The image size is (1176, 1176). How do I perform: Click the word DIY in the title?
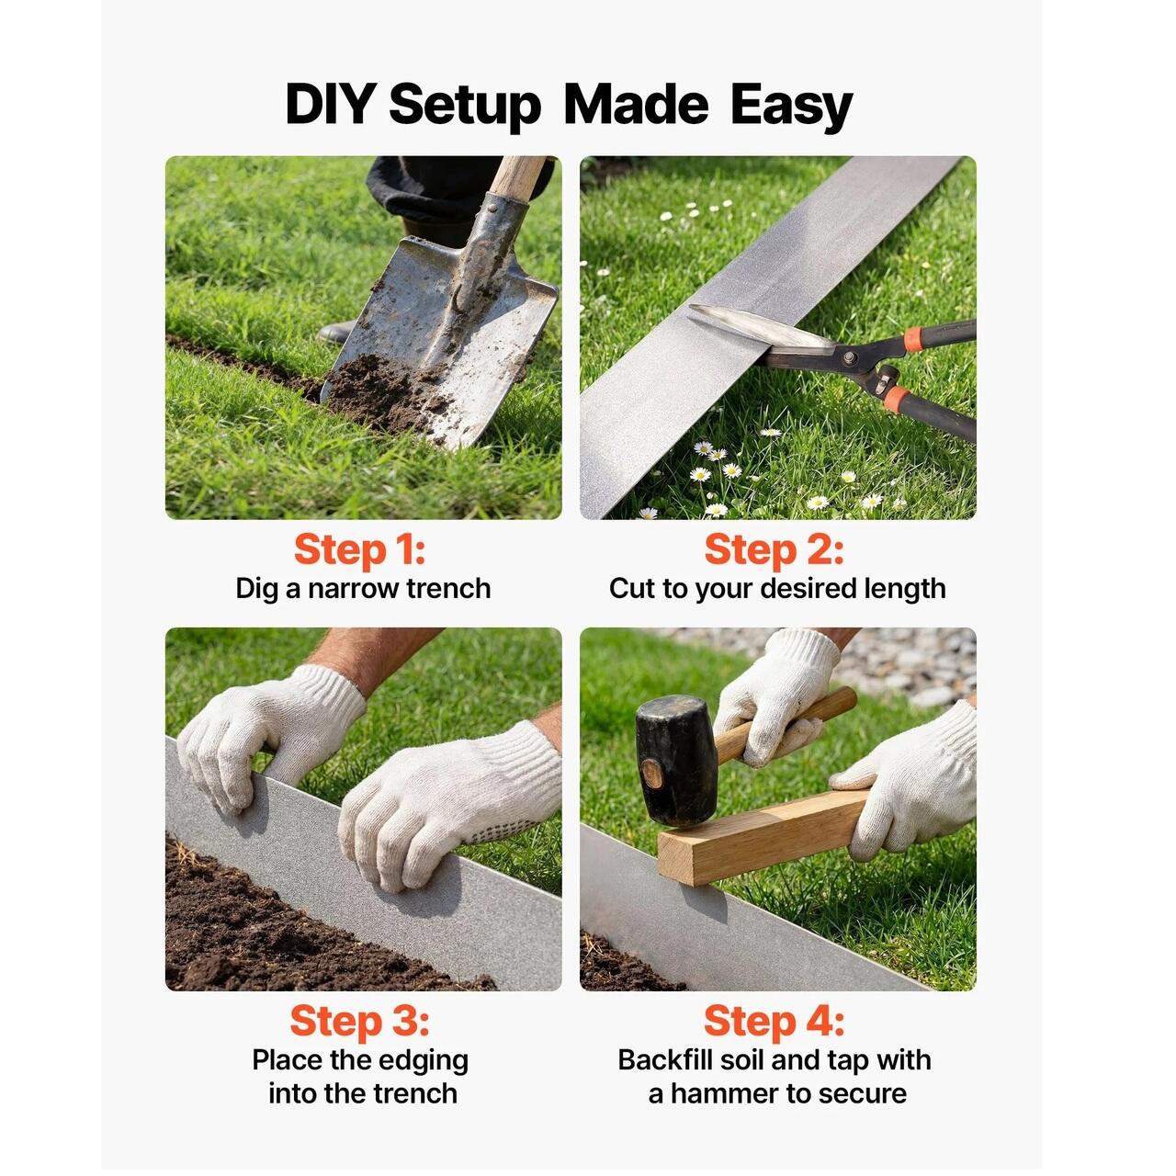click(330, 105)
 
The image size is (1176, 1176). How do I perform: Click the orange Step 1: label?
click(359, 550)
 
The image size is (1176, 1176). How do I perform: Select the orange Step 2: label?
click(774, 550)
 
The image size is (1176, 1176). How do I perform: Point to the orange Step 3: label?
click(359, 1021)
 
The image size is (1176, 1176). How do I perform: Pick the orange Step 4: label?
click(774, 1021)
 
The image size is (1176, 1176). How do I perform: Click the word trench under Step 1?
click(448, 588)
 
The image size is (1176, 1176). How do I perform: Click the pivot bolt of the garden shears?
click(848, 357)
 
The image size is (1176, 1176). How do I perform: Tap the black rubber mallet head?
click(676, 760)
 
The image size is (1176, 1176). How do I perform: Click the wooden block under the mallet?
click(763, 837)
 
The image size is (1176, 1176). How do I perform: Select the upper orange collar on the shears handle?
click(913, 339)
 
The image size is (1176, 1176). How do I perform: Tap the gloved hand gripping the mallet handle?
click(775, 695)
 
